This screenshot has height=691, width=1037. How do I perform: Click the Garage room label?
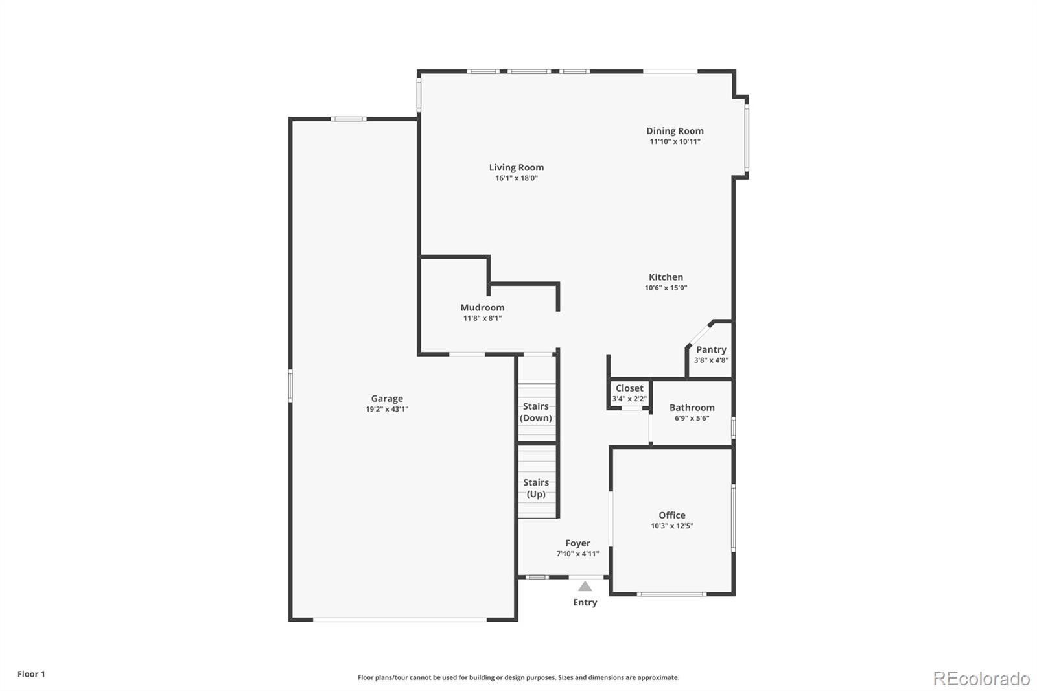(387, 399)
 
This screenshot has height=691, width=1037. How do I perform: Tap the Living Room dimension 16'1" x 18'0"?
(517, 178)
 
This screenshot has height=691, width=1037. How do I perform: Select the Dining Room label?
(675, 131)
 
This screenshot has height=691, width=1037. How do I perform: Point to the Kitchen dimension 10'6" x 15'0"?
(666, 288)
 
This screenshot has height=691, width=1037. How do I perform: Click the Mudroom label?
(482, 307)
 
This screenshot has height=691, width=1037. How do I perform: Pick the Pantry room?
(711, 354)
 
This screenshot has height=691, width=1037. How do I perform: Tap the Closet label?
(629, 388)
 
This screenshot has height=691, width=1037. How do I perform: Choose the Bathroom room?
(692, 412)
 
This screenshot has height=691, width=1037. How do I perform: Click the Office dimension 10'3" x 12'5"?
(672, 526)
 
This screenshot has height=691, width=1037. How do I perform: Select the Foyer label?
(577, 543)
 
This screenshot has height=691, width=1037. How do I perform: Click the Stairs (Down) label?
(536, 412)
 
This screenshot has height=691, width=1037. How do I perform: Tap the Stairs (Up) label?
(536, 488)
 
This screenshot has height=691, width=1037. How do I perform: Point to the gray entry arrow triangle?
(585, 587)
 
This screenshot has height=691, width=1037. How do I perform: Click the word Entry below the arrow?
(585, 602)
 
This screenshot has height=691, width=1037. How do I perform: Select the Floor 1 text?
(31, 674)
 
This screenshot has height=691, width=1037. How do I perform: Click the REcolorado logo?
(981, 678)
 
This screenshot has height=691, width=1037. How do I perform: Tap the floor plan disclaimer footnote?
(518, 677)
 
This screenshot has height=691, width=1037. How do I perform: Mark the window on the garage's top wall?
(349, 119)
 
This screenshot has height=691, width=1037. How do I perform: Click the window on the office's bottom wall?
(671, 594)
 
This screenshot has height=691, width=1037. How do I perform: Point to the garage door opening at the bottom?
(400, 620)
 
